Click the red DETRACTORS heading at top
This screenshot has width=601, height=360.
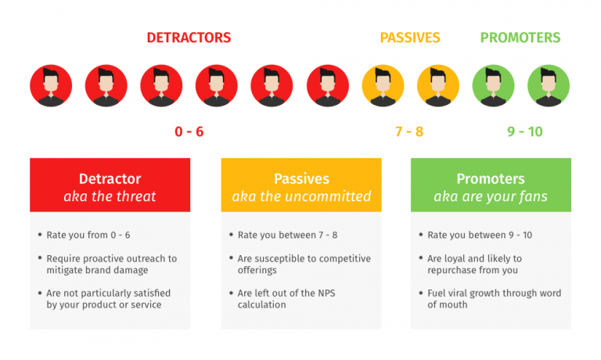(x=189, y=38)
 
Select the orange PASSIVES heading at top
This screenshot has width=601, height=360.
(x=410, y=38)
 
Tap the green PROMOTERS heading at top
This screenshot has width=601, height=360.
(x=520, y=38)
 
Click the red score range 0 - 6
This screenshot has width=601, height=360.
(x=189, y=131)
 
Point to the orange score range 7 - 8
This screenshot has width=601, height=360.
(x=409, y=131)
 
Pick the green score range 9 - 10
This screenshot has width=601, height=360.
(x=524, y=131)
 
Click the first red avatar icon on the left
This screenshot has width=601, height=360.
(x=51, y=85)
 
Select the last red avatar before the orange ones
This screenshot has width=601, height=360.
(x=328, y=85)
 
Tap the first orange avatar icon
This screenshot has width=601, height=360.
(x=383, y=85)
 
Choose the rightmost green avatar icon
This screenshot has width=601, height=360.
(x=549, y=85)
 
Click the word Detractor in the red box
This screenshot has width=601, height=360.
(x=110, y=178)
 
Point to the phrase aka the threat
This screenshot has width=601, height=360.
(x=110, y=196)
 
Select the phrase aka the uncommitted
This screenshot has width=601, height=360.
(x=301, y=196)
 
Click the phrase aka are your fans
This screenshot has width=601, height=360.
(x=491, y=196)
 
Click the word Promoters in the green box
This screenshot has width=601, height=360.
(x=491, y=178)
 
